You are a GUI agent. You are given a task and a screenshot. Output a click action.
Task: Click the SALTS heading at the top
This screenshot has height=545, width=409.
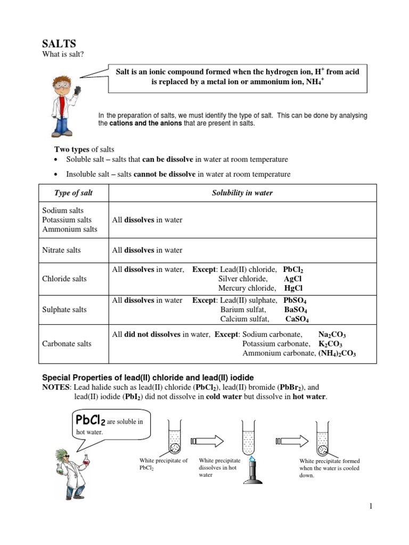tap(59, 44)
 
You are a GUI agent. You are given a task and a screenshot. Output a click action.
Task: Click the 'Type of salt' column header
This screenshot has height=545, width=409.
tap(74, 193)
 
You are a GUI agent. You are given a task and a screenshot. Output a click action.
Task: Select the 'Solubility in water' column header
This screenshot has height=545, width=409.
tap(242, 193)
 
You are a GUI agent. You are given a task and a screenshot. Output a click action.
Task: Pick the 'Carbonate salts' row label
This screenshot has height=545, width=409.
tap(67, 344)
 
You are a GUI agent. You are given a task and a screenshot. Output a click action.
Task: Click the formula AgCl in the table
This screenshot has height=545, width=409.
tap(293, 279)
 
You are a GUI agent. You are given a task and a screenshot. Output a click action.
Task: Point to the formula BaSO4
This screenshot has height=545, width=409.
tap(296, 310)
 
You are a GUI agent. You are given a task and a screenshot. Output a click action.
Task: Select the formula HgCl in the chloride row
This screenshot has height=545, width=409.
tap(293, 288)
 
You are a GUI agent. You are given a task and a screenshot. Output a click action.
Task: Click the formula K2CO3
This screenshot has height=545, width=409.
tap(330, 344)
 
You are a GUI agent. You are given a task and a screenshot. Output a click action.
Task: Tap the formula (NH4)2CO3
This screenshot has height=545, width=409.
tap(337, 353)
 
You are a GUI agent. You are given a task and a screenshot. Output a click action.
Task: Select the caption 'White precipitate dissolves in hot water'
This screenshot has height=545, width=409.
tap(219, 467)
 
